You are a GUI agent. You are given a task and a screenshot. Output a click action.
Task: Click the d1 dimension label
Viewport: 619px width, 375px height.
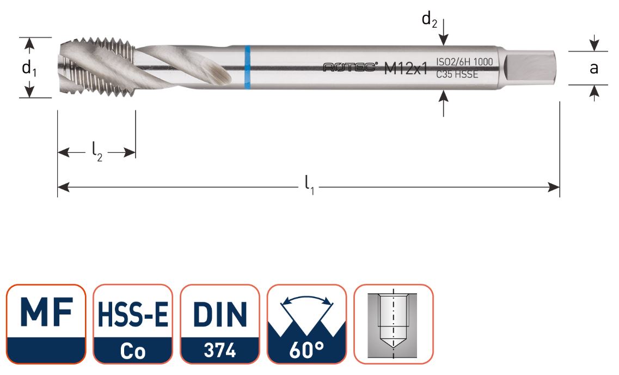[29, 68]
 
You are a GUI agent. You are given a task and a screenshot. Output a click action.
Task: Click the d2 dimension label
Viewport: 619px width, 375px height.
[430, 21]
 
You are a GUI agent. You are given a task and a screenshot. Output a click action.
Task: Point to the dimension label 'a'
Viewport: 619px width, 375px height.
[594, 68]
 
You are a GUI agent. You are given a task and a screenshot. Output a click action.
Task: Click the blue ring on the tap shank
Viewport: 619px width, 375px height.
[247, 67]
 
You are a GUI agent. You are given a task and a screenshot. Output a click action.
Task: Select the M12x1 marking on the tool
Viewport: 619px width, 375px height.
[406, 69]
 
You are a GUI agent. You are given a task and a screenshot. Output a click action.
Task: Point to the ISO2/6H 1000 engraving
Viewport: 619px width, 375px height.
[464, 62]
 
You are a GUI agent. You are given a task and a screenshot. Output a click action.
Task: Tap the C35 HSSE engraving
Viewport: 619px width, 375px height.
[457, 75]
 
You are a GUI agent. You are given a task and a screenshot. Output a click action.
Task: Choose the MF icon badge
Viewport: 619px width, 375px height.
[46, 324]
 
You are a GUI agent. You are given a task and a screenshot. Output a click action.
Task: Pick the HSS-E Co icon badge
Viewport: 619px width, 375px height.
[133, 324]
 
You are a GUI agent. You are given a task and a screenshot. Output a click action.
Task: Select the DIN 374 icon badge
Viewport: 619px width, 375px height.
[220, 324]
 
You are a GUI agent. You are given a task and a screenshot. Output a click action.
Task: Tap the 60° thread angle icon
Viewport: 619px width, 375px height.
[307, 324]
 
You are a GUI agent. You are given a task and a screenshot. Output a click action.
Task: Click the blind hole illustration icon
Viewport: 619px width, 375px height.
[394, 324]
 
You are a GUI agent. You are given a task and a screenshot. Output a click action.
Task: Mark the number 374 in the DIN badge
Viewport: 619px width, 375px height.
[220, 351]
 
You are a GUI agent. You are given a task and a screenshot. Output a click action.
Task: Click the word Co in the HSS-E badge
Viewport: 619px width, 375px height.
[133, 352]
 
